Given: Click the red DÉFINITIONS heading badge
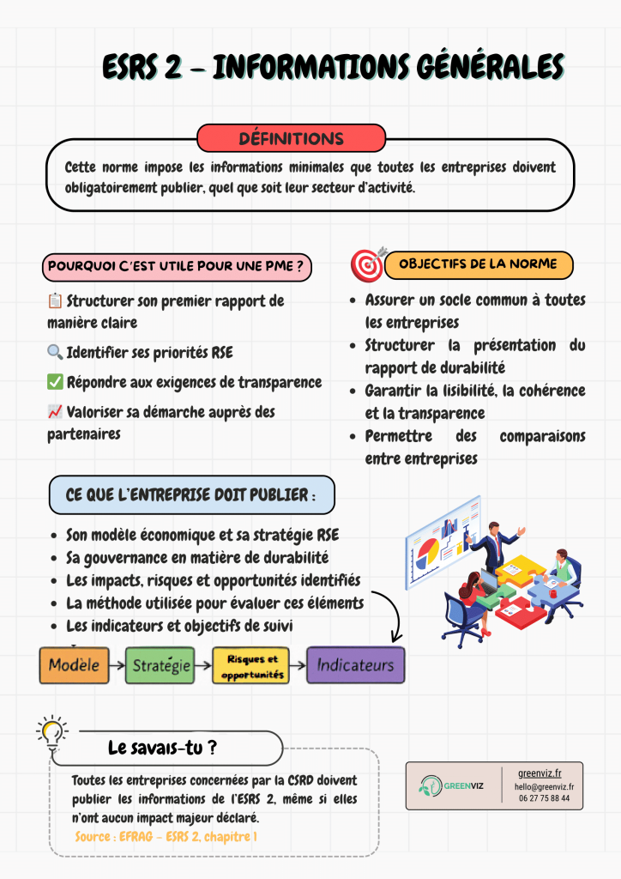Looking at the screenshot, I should [x=291, y=138].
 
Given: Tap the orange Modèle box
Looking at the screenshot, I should [x=74, y=665].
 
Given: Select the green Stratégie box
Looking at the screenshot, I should [x=160, y=665].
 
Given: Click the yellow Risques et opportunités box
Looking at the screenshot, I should [x=250, y=666].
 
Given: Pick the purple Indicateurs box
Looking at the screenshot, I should [x=355, y=665].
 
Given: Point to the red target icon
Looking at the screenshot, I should [x=368, y=264].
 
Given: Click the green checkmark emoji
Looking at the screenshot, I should [x=54, y=382].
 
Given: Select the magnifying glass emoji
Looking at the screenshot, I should [x=54, y=353].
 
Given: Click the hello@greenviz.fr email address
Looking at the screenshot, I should [x=544, y=786].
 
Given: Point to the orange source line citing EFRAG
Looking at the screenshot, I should [x=166, y=835].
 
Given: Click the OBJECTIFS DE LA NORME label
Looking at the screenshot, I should [x=478, y=264].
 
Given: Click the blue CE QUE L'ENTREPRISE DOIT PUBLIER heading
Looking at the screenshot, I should [x=191, y=495].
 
